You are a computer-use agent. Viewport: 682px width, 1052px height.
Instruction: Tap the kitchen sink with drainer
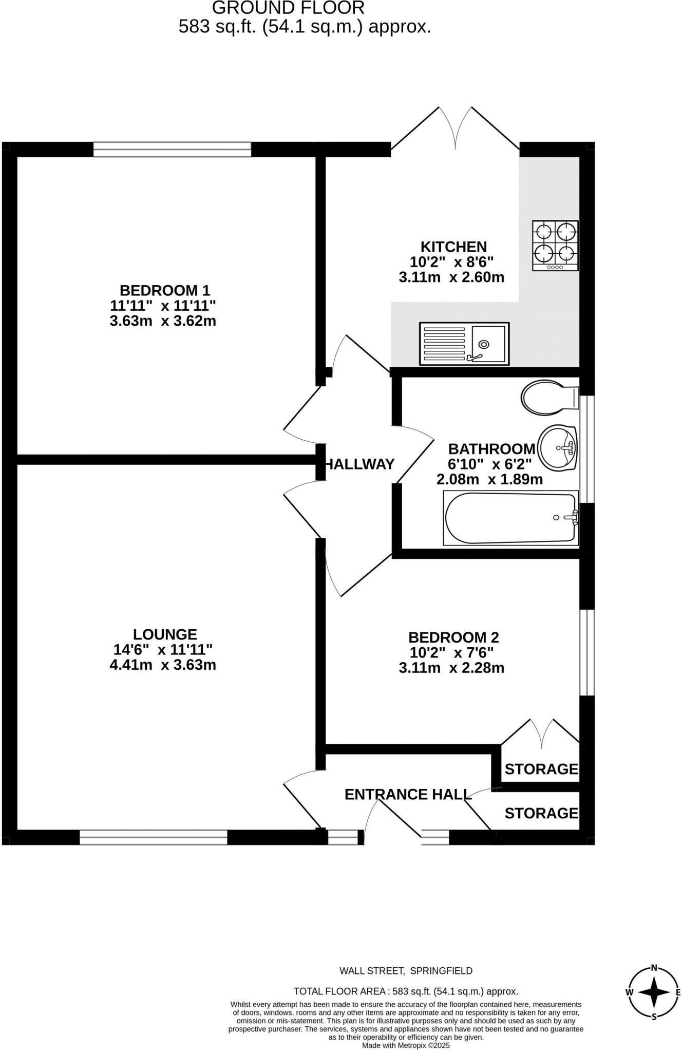point(464,344)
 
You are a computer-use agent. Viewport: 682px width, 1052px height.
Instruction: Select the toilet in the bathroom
point(549,397)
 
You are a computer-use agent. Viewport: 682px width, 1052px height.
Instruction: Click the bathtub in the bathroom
point(510,518)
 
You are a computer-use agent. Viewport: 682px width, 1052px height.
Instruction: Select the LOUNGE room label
point(165,634)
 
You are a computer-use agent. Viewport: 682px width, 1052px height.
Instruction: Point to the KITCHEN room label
point(453,247)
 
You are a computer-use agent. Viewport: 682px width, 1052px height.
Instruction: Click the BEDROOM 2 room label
point(453,637)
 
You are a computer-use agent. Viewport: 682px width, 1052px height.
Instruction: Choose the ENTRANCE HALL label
point(408,794)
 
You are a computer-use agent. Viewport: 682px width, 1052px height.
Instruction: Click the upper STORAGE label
point(541,769)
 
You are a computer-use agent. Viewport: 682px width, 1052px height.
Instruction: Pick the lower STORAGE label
point(541,813)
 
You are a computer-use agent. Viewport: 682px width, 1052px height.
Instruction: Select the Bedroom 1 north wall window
point(172,149)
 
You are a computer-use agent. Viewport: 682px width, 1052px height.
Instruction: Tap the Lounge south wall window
point(153,837)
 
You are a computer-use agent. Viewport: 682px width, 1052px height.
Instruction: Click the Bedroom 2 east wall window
point(587,652)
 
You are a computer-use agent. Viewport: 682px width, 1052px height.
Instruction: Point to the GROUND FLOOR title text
point(288,8)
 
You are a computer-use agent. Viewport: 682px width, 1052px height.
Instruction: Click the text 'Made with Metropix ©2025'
point(406,1045)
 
